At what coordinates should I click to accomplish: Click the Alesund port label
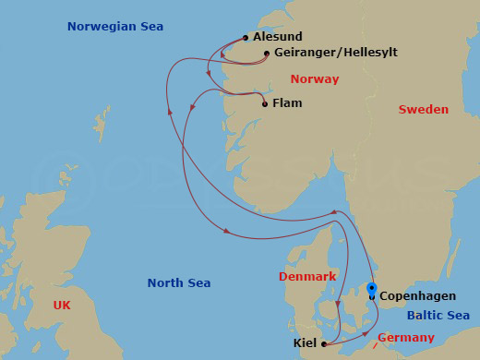click(x=277, y=37)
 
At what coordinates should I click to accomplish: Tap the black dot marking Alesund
click(x=246, y=38)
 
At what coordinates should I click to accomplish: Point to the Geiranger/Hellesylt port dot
click(x=267, y=54)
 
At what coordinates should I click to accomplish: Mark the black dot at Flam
click(x=265, y=104)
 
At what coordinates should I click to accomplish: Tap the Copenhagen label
click(x=417, y=297)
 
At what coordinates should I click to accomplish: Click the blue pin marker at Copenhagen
click(x=372, y=288)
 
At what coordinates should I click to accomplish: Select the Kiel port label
click(x=306, y=343)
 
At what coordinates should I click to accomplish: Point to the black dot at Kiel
click(x=324, y=344)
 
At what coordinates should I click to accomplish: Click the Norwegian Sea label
click(x=115, y=27)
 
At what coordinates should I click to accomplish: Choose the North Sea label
click(x=179, y=283)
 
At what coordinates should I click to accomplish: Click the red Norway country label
click(x=314, y=79)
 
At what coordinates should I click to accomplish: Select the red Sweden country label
click(x=423, y=110)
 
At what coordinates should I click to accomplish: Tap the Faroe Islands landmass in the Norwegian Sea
click(x=101, y=122)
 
